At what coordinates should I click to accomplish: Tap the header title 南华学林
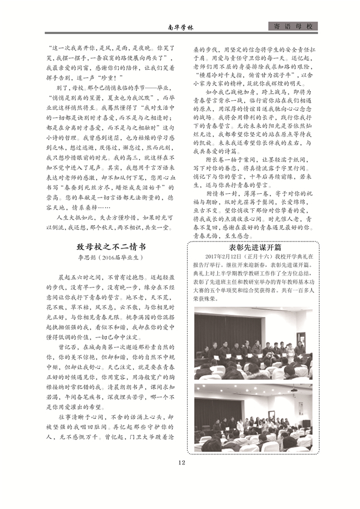pyautogui.click(x=178, y=27)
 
